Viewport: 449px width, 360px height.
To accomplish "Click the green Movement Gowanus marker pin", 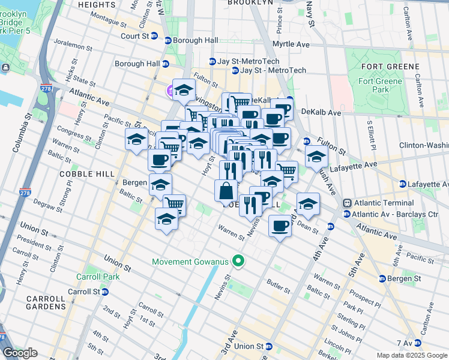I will click(x=238, y=261).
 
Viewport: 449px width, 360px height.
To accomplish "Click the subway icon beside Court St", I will click(x=154, y=36).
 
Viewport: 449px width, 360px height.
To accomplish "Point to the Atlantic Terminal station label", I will click(x=381, y=203).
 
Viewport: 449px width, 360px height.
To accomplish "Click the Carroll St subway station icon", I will click(x=105, y=292).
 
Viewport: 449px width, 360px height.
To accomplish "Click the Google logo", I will click(x=20, y=353).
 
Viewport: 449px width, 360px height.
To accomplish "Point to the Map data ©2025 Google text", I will click(x=411, y=355).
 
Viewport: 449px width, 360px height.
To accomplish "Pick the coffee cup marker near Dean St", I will click(x=280, y=226).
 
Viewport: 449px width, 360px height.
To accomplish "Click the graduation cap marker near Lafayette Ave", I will click(x=316, y=157).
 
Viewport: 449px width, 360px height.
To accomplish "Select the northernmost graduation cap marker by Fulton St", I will click(x=184, y=89).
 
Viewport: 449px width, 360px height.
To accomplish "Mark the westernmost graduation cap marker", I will click(x=136, y=139).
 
